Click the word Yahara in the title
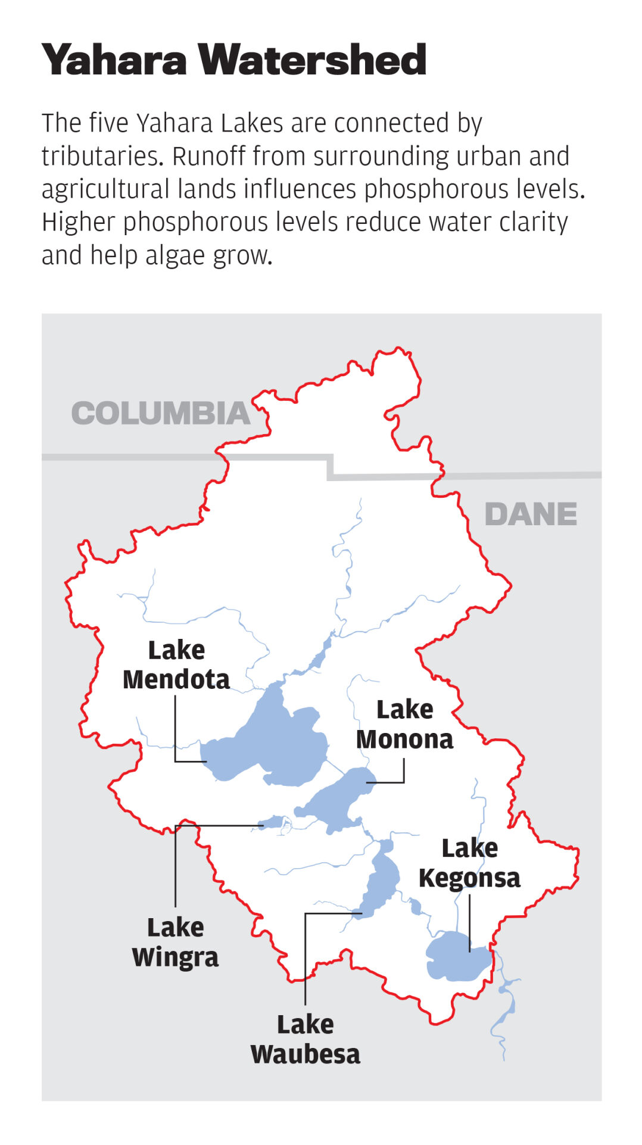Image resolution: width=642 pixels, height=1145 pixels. pyautogui.click(x=114, y=60)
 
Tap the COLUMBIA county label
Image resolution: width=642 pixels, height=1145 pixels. pyautogui.click(x=161, y=413)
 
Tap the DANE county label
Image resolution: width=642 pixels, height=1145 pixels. pyautogui.click(x=531, y=514)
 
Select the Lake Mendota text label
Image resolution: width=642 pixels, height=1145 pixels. pyautogui.click(x=176, y=665)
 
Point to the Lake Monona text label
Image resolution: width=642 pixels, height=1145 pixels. pyautogui.click(x=404, y=725)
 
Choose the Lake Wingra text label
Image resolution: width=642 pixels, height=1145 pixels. pyautogui.click(x=175, y=942)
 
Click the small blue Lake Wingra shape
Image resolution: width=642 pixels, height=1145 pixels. pyautogui.click(x=273, y=822)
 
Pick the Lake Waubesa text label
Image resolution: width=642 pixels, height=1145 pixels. pyautogui.click(x=305, y=1039)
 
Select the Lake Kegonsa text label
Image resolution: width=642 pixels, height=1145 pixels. pyautogui.click(x=469, y=863)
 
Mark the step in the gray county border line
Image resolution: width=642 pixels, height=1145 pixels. pyautogui.click(x=331, y=467)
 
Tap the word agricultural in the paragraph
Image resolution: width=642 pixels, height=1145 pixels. pyautogui.click(x=105, y=189)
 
